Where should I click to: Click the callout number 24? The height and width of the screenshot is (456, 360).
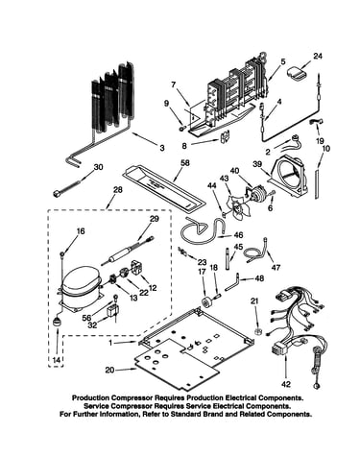(x=318, y=57)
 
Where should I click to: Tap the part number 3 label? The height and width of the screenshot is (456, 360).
(x=162, y=148)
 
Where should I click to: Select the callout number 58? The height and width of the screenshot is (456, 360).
(x=184, y=163)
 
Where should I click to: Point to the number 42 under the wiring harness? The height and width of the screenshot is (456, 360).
(x=285, y=384)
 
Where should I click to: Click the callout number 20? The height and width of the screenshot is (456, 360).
(x=109, y=370)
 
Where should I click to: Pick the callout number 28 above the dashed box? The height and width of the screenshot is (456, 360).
(x=117, y=190)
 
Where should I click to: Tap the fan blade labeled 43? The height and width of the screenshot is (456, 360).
(x=237, y=207)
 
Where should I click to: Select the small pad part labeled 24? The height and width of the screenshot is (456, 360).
(x=298, y=72)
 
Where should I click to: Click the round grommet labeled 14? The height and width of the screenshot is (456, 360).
(x=58, y=321)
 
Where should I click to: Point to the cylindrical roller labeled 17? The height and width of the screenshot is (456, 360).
(x=205, y=301)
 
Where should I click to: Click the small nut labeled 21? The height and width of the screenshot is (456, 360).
(x=258, y=330)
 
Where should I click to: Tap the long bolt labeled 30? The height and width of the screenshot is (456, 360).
(x=66, y=187)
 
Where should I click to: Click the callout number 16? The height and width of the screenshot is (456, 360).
(x=81, y=230)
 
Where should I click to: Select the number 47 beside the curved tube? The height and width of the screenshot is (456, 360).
(x=276, y=267)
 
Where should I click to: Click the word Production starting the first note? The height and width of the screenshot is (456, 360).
(x=90, y=398)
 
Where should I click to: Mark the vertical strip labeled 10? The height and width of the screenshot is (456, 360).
(x=317, y=183)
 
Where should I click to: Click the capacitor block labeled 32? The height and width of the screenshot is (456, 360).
(x=112, y=311)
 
